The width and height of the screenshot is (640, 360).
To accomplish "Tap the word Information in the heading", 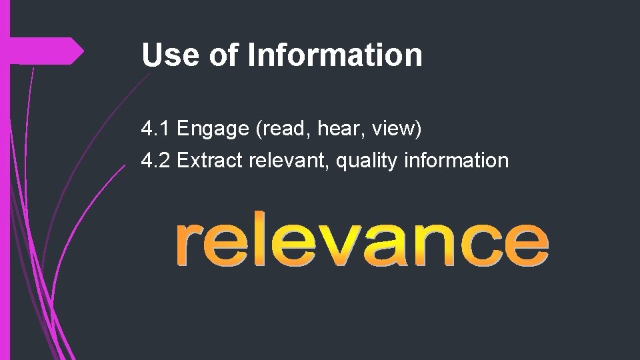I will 335,55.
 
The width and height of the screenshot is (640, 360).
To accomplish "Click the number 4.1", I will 155,129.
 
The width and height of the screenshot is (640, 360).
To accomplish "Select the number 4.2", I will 155,161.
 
